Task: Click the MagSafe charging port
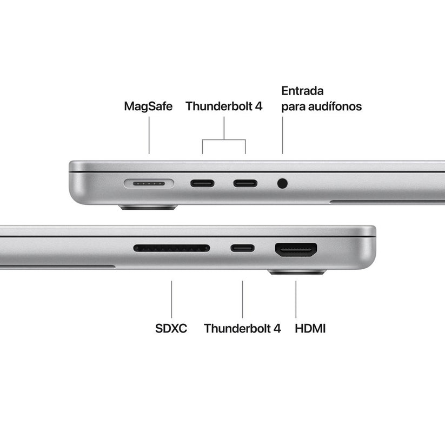(x=149, y=183)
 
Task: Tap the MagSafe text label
(x=148, y=106)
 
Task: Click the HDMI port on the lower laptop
(x=296, y=249)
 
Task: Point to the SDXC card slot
(x=171, y=248)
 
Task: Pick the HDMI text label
(x=310, y=328)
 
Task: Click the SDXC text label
(x=171, y=328)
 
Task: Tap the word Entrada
(x=302, y=90)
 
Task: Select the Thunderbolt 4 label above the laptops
(x=224, y=106)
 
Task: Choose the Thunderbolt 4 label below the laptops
(x=242, y=328)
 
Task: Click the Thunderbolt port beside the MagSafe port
(x=202, y=183)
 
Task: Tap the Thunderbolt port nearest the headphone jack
(x=245, y=183)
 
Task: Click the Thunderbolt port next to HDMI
(x=242, y=249)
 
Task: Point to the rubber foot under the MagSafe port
(x=148, y=207)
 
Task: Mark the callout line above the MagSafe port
(x=149, y=136)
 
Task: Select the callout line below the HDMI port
(x=296, y=299)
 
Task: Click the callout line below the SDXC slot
(x=171, y=299)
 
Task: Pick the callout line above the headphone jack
(x=282, y=136)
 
